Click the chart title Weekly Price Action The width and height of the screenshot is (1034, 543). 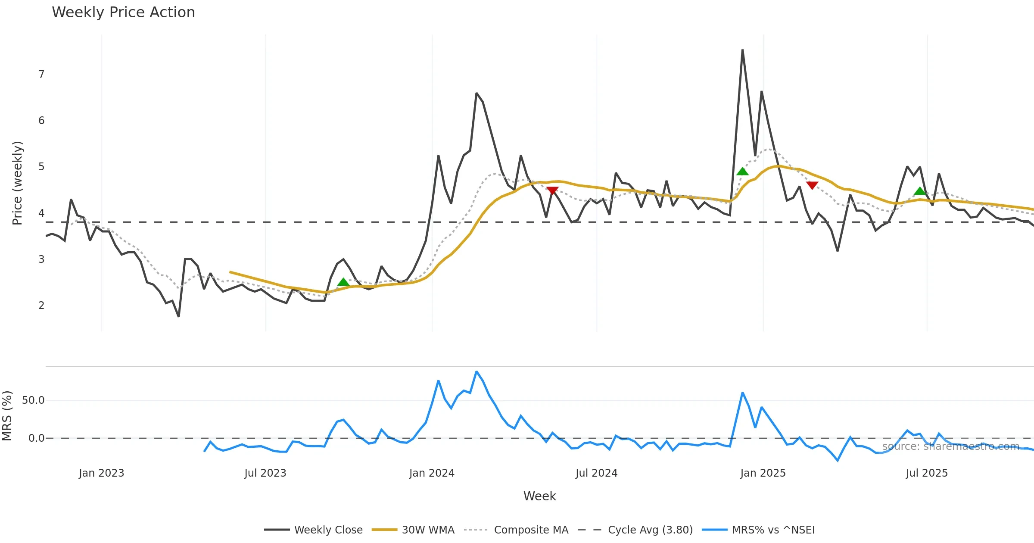(123, 12)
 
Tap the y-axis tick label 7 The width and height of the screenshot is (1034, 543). (41, 75)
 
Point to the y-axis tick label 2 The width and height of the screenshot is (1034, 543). (41, 306)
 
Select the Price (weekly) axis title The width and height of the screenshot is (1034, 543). (17, 183)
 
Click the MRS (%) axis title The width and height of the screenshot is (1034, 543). (7, 416)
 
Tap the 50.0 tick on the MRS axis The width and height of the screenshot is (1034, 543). (33, 400)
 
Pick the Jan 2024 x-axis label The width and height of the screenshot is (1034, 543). (432, 473)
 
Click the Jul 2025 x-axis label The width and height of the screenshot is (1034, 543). (927, 473)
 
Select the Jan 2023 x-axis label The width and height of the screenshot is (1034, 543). (101, 473)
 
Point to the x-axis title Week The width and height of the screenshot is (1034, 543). (539, 496)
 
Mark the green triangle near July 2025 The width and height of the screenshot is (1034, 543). (920, 191)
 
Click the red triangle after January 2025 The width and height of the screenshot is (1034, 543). (812, 185)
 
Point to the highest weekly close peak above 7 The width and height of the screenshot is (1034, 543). (742, 50)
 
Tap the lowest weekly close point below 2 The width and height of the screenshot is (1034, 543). (178, 316)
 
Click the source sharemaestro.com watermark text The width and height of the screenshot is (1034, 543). (950, 446)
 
